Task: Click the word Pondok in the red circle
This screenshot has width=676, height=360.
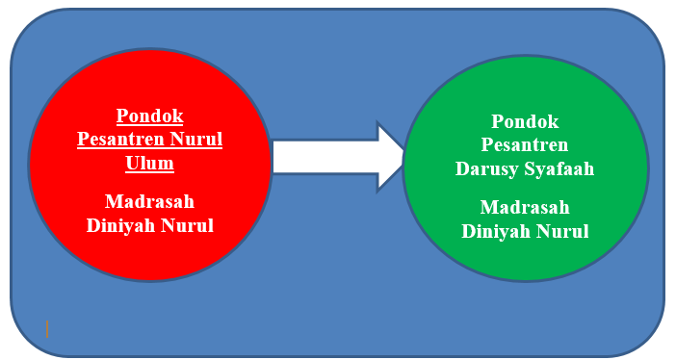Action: point(149,116)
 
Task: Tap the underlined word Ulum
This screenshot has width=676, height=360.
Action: point(149,164)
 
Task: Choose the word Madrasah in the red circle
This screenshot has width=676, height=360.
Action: point(149,202)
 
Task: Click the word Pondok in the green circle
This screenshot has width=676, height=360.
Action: point(525,122)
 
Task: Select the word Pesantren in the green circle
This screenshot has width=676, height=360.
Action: point(525,145)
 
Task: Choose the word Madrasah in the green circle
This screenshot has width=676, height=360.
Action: point(525,208)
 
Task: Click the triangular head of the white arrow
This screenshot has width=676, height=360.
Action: point(390,156)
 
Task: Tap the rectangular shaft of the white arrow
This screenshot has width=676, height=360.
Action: point(323,156)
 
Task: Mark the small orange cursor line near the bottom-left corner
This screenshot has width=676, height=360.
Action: point(47,329)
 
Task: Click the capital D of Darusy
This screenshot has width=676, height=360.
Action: point(461,168)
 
